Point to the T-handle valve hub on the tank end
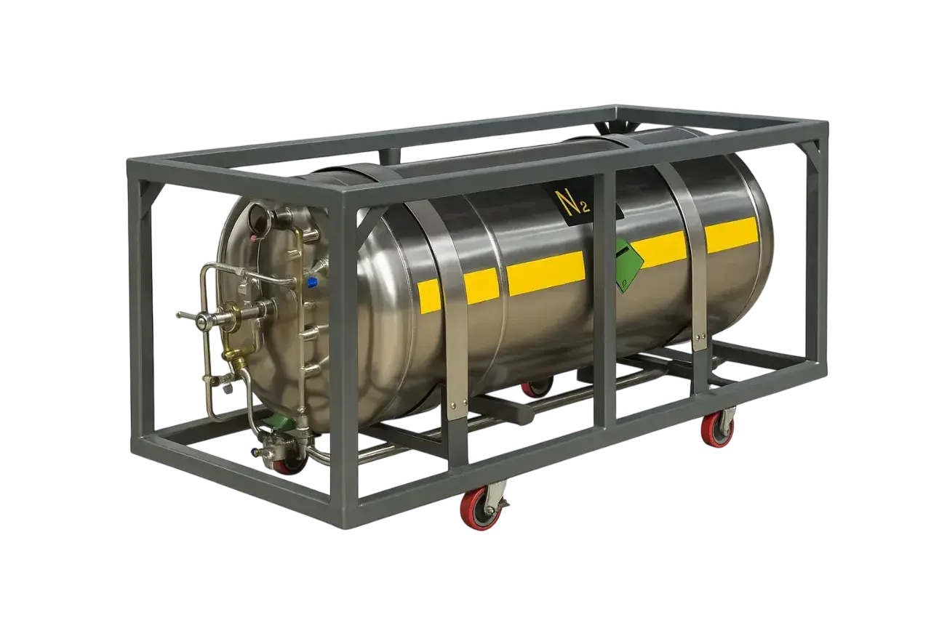point(202,320)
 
